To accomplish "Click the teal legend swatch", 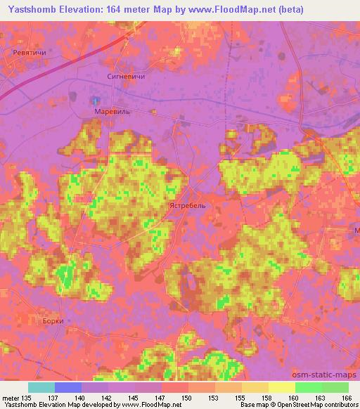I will [x=41, y=387].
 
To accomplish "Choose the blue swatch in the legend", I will [x=67, y=387].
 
